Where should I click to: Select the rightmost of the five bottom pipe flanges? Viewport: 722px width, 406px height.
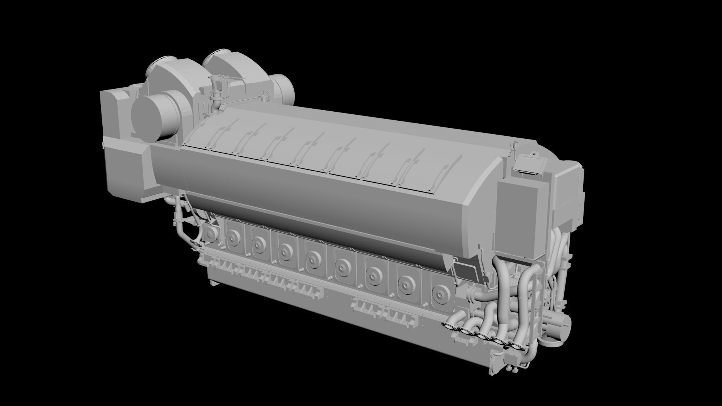(x=514, y=346)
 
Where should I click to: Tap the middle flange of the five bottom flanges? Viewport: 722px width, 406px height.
(x=481, y=336)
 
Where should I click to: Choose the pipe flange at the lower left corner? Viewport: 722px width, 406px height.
(x=195, y=244)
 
